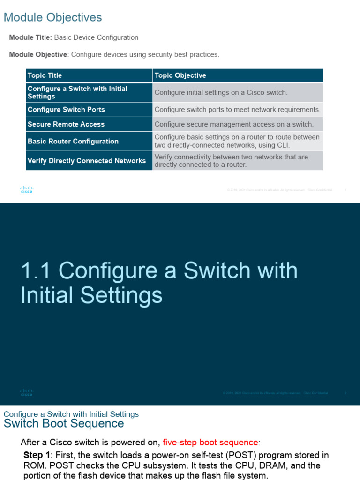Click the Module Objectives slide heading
[x=52, y=18]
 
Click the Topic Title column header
[x=45, y=75]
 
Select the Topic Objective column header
[x=180, y=75]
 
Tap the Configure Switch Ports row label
[x=66, y=110]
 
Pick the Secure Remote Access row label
[x=66, y=124]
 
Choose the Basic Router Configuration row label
[x=73, y=141]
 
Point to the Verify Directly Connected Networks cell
[x=87, y=161]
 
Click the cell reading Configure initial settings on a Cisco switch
[x=221, y=93]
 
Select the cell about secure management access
[x=234, y=124]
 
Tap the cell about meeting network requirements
[x=238, y=110]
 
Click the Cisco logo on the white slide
[x=27, y=189]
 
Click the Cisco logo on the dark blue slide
[x=27, y=392]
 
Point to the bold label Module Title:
[x=30, y=37]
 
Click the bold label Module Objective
[x=38, y=54]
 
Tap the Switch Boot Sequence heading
[x=64, y=424]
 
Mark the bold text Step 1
[x=37, y=455]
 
